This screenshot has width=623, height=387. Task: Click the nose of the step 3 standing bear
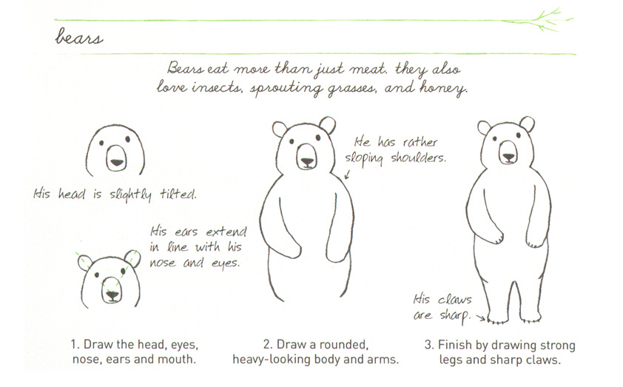pyautogui.click(x=508, y=156)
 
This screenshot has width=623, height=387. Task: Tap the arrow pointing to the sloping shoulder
pyautogui.click(x=346, y=175)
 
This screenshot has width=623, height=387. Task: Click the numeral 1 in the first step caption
pyautogui.click(x=74, y=346)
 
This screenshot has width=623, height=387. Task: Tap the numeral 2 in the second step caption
pyautogui.click(x=267, y=346)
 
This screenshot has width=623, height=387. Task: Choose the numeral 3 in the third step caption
pyautogui.click(x=428, y=346)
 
